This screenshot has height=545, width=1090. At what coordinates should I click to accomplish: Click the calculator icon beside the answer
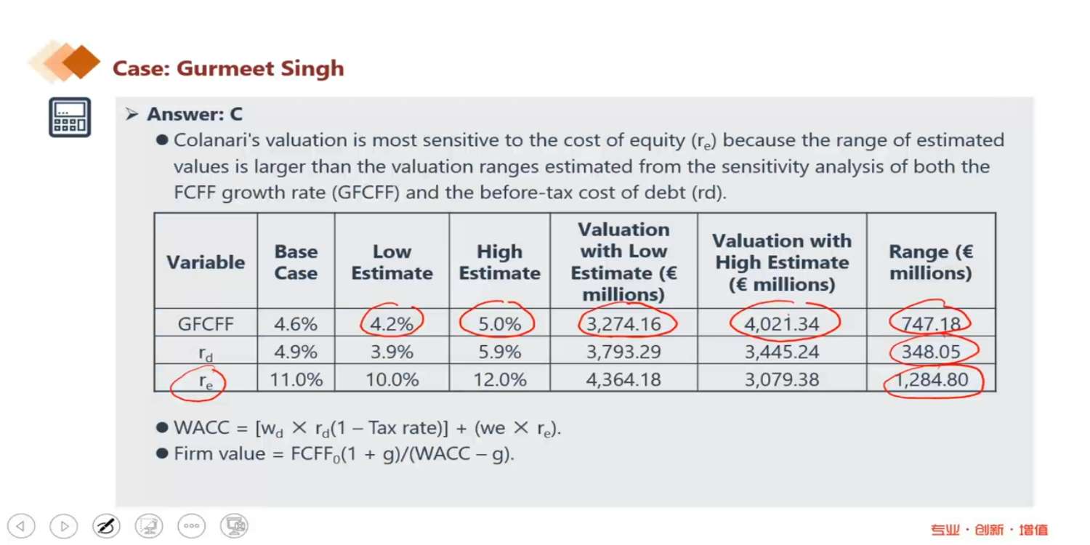point(70,117)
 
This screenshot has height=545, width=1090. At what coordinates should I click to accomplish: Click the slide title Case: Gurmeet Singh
point(227,69)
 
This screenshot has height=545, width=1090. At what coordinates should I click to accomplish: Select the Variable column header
point(206,262)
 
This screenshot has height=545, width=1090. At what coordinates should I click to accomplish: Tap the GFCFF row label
point(206,324)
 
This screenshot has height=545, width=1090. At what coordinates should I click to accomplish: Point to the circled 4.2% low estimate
point(392,324)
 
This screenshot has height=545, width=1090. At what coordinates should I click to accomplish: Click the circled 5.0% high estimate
point(499,324)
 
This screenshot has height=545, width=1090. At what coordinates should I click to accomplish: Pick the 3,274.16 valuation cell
point(623,324)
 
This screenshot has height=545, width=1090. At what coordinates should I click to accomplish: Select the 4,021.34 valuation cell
point(781,324)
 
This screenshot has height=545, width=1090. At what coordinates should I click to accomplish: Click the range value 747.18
point(930,324)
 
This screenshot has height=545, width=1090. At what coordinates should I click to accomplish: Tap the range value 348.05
point(930,352)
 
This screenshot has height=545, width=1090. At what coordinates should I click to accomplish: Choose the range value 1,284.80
point(930,379)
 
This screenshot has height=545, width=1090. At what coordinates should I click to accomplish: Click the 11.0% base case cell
point(296,379)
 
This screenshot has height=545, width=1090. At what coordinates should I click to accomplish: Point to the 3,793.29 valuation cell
point(623,352)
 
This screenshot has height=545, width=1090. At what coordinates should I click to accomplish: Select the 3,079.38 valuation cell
point(781,379)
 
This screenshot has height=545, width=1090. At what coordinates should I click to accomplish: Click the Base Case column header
point(296,262)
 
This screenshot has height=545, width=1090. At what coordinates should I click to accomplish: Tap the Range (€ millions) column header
point(930,262)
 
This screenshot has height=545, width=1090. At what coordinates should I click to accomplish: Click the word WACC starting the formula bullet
point(199,428)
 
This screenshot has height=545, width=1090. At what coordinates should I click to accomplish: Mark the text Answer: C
point(195,114)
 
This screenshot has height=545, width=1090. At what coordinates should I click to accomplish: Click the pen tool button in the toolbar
point(106,525)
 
